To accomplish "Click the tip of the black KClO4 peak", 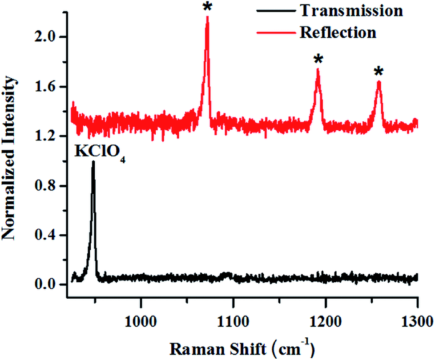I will [x=93, y=162].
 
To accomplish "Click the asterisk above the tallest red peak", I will [x=207, y=8].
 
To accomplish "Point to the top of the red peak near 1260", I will [x=379, y=82].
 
